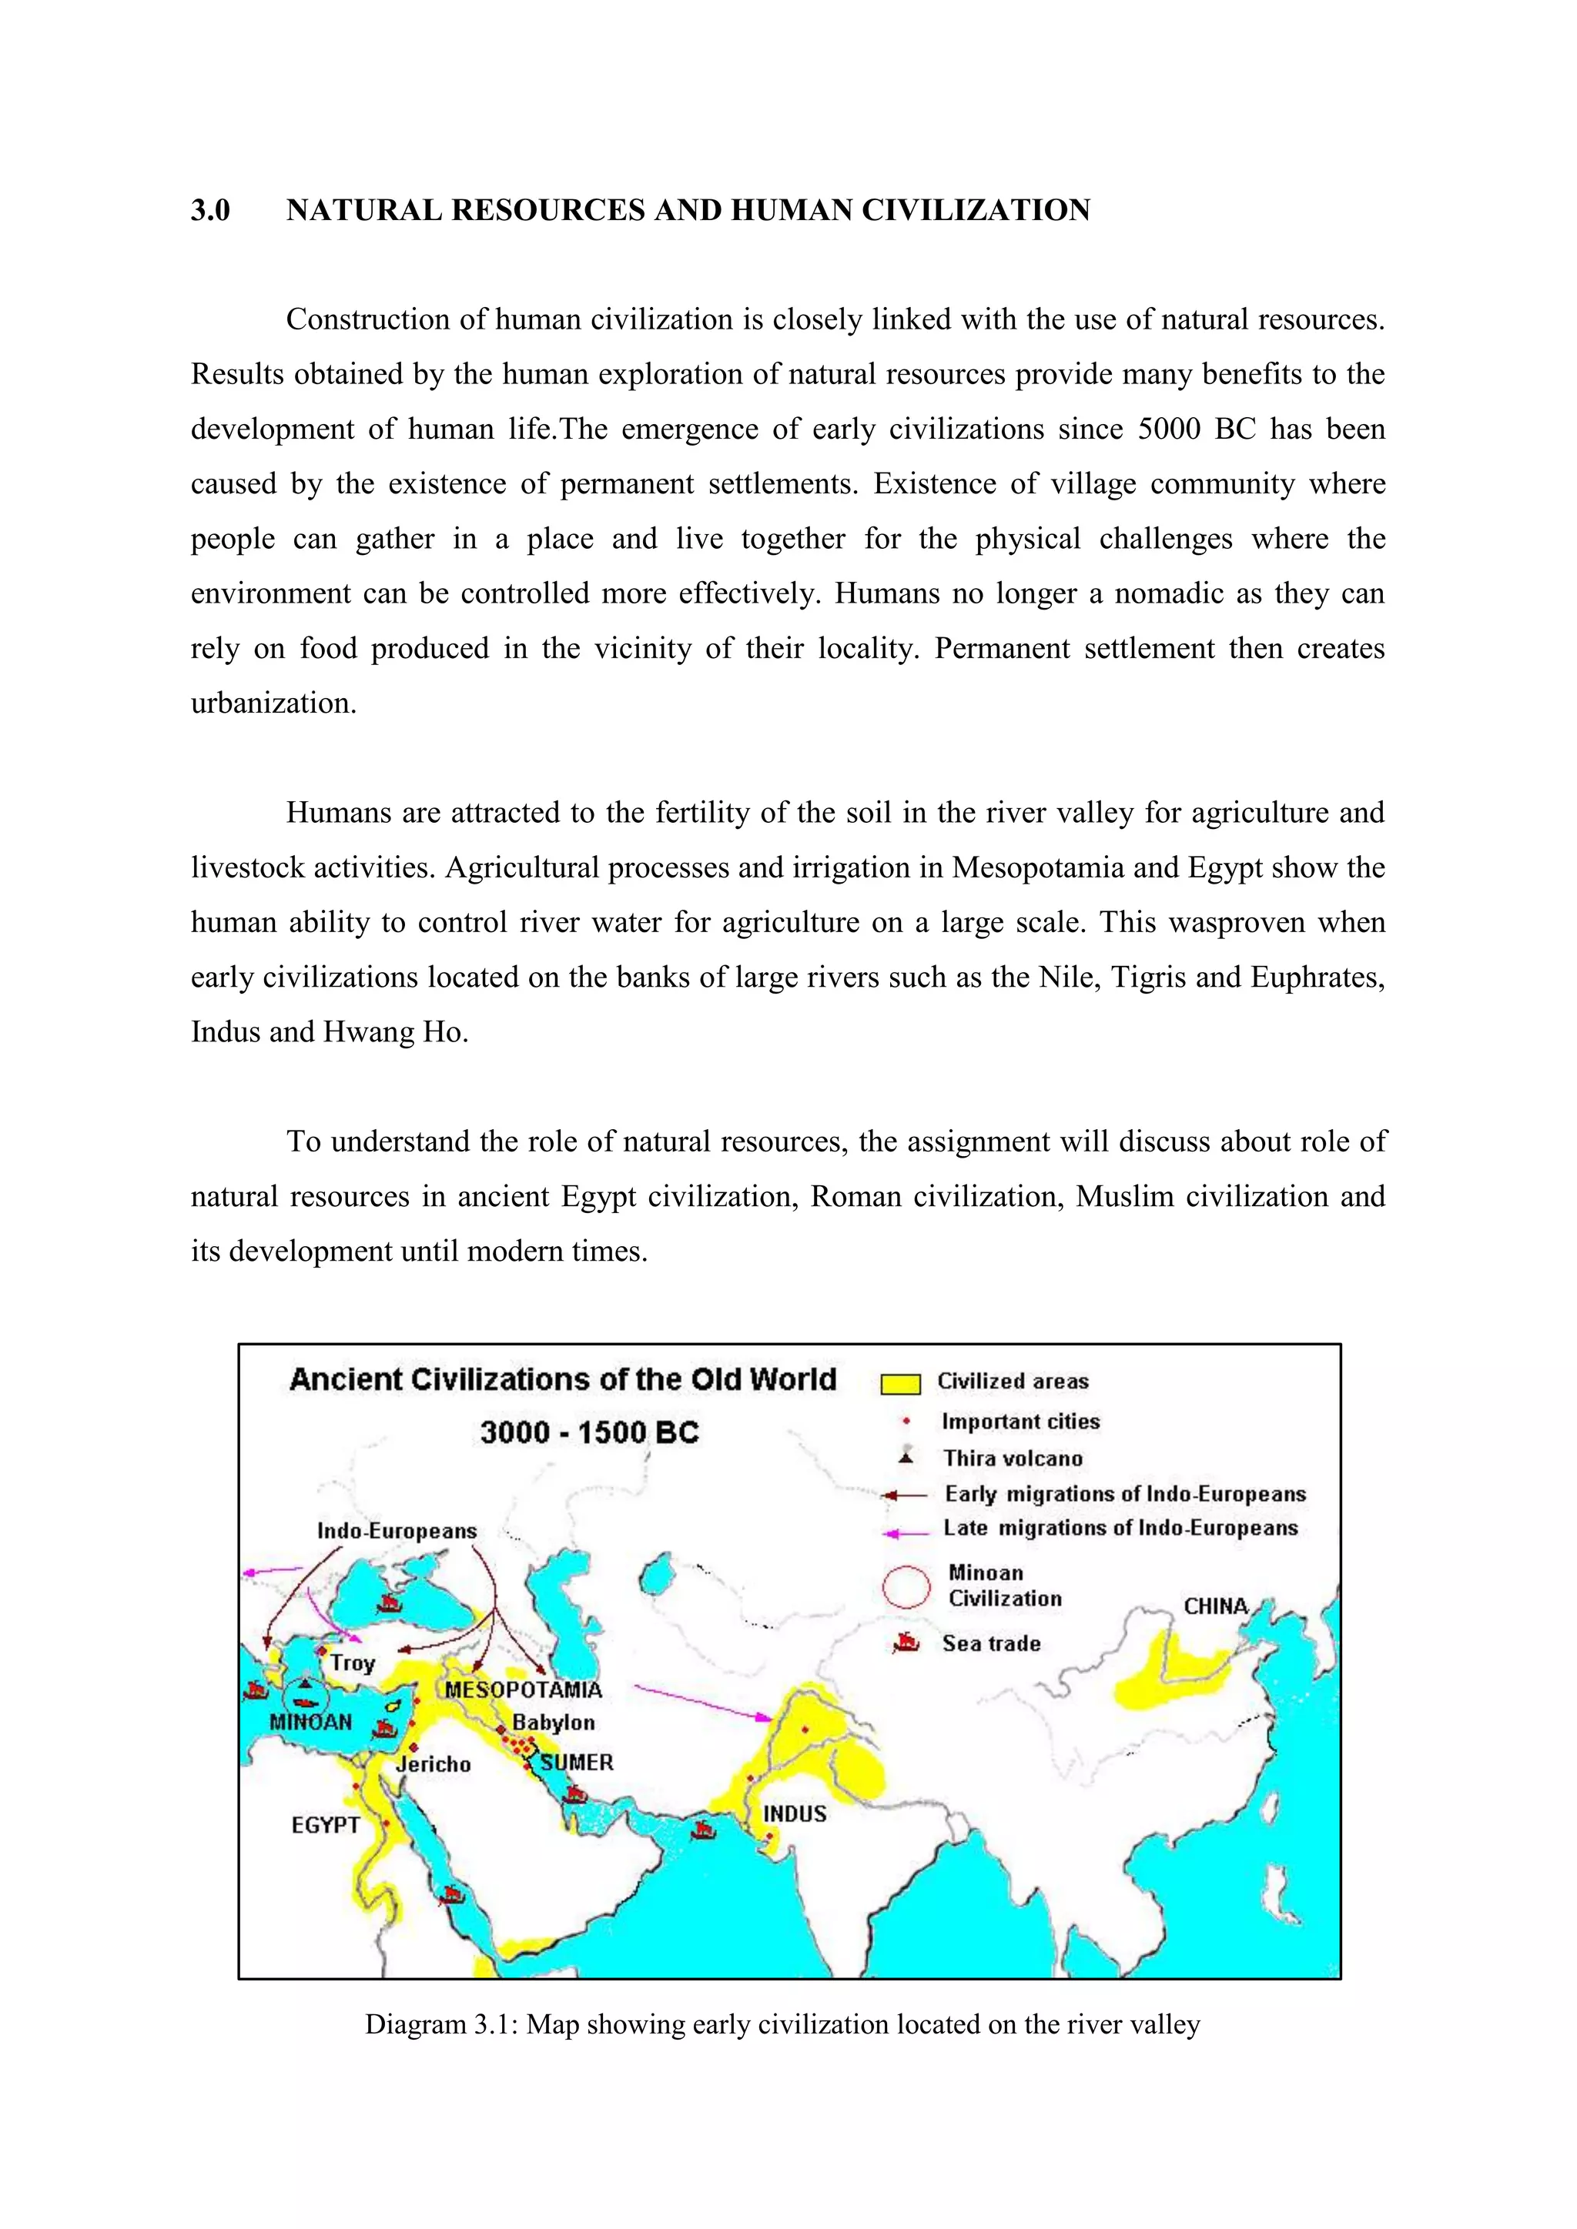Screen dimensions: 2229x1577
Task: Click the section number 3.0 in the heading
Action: coord(209,211)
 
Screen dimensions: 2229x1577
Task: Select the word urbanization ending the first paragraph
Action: coord(273,703)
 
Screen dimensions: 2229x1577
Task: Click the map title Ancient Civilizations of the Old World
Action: coord(562,1379)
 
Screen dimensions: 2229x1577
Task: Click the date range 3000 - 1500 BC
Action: coord(589,1432)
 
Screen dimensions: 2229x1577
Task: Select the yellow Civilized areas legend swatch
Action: coord(900,1383)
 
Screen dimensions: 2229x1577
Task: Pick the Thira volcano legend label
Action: coord(1012,1459)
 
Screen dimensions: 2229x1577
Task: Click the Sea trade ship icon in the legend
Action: coord(906,1643)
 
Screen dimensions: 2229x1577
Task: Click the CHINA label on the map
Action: coord(1215,1606)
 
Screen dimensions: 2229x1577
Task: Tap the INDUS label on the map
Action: coord(795,1813)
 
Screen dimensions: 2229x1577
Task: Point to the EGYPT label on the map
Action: coord(325,1825)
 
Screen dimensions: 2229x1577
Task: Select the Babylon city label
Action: coord(554,1723)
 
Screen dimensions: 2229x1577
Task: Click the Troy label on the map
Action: coord(352,1663)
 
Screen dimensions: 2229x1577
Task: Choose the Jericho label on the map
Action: coord(433,1764)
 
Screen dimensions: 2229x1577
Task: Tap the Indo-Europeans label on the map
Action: coord(397,1531)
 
